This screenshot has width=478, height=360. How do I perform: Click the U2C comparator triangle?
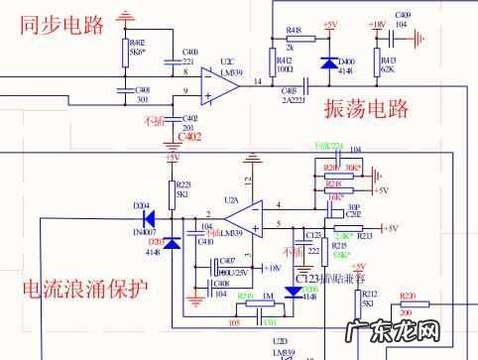point(217,86)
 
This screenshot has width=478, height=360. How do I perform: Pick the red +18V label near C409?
point(376,24)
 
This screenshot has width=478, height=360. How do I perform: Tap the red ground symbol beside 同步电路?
point(125,17)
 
